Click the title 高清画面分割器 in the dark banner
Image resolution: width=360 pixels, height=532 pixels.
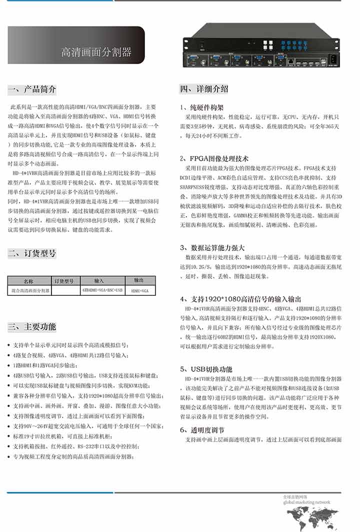coord(96,52)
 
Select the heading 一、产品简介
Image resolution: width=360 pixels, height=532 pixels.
coord(32,90)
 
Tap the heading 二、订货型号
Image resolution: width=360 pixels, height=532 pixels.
coord(32,253)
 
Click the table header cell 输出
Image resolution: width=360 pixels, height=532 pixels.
coord(138,281)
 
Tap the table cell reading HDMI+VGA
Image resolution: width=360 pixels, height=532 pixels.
coord(138,290)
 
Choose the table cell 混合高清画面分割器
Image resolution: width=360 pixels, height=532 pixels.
coord(29,290)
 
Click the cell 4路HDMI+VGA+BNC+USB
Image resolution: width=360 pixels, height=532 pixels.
coord(101,290)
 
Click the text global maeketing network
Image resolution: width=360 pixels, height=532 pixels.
coord(306,502)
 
